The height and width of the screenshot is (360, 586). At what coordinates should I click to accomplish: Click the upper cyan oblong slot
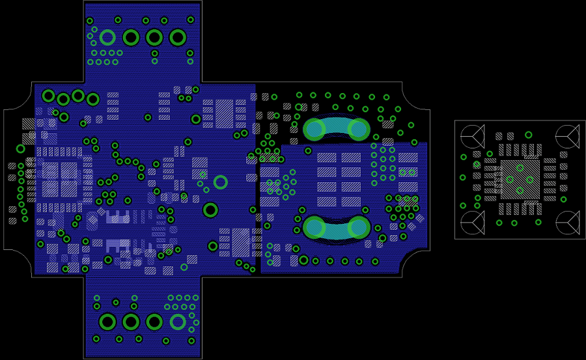click(337, 129)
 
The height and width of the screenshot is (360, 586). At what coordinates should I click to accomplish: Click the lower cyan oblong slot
click(337, 227)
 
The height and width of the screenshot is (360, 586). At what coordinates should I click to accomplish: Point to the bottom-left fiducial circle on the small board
click(471, 223)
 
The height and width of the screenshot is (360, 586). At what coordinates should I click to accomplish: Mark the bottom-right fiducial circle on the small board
click(568, 223)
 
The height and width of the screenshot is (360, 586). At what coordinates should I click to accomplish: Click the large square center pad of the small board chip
click(520, 180)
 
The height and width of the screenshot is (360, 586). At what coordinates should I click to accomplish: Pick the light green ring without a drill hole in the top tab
click(107, 38)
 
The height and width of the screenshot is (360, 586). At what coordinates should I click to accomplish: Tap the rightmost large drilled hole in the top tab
click(178, 38)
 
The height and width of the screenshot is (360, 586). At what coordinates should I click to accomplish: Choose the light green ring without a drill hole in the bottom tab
click(178, 322)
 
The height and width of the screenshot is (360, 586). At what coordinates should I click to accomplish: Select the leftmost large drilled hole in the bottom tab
click(107, 322)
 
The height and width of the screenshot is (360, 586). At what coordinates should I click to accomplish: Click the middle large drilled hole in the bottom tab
click(131, 322)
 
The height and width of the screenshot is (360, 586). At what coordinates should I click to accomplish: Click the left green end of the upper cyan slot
click(314, 129)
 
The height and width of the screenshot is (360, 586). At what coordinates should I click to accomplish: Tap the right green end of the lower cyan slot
click(359, 227)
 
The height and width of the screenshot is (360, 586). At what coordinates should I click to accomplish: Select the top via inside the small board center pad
click(520, 168)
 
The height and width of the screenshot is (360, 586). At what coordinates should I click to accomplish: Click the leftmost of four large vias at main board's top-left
click(48, 96)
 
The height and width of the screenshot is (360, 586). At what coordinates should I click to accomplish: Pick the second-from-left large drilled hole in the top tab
click(131, 38)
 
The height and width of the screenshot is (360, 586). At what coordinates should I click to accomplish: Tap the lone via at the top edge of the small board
click(528, 135)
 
